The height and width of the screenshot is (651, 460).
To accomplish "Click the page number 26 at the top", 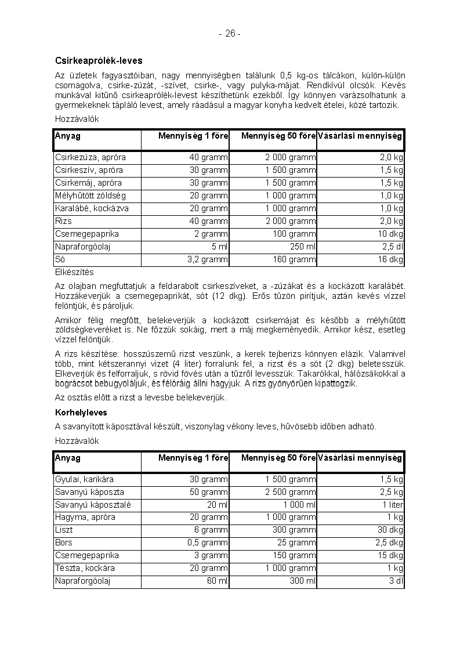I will pyautogui.click(x=230, y=34).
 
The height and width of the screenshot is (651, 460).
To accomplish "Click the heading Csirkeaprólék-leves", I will pyautogui.click(x=99, y=60).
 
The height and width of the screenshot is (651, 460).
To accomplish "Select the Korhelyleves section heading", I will pyautogui.click(x=81, y=413).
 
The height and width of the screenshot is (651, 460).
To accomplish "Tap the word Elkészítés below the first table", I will pyautogui.click(x=74, y=272).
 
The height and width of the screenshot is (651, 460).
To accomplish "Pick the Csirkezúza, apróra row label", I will pyautogui.click(x=90, y=157).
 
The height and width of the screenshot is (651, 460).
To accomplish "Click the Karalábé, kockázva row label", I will pyautogui.click(x=92, y=208).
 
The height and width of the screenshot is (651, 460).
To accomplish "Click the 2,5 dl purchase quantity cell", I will pyautogui.click(x=392, y=247).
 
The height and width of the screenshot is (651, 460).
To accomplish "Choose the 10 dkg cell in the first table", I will pyautogui.click(x=392, y=234).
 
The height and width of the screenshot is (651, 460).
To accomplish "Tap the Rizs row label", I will pyautogui.click(x=64, y=221).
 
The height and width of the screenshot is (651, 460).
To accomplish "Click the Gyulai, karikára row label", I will pyautogui.click(x=84, y=479).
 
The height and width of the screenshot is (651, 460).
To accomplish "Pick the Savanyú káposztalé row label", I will pyautogui.click(x=93, y=505).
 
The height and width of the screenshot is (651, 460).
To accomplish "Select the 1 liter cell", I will pyautogui.click(x=392, y=505).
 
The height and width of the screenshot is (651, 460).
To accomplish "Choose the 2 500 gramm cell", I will pyautogui.click(x=291, y=492).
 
